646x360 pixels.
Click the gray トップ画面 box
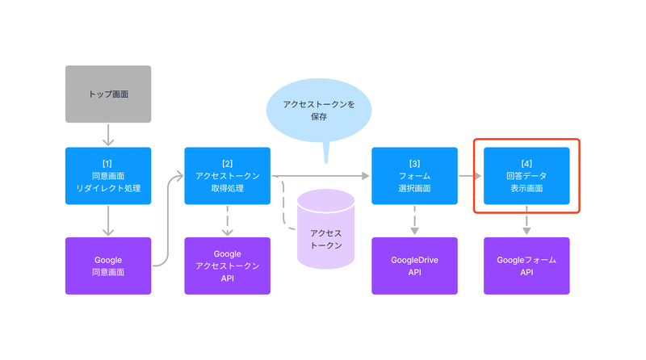108,94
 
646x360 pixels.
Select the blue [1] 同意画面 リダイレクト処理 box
108,176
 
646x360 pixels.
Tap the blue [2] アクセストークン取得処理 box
228,176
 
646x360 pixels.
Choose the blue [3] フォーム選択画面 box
414,176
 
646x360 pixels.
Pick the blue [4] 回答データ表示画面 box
526,176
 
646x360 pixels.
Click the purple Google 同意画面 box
108,266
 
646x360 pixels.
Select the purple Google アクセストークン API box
228,266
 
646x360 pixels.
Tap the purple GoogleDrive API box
414,266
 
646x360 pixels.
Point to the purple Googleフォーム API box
526,266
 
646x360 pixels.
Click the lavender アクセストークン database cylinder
326,229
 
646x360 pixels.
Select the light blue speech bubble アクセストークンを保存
319,111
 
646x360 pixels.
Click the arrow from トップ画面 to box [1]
108,135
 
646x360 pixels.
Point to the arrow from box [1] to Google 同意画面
108,221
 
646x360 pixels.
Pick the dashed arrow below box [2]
228,221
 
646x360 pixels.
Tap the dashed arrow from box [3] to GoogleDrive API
414,220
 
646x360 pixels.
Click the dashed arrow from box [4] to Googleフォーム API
526,220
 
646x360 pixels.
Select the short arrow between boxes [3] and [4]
471,176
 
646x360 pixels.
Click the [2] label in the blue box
228,164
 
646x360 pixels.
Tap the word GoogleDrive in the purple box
414,260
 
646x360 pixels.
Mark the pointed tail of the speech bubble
326,163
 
